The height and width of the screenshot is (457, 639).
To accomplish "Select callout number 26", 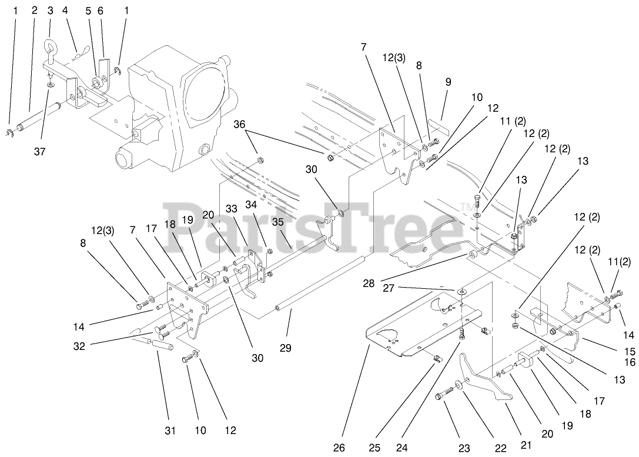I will coord(339,448).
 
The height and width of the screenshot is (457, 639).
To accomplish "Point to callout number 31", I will coord(169,431).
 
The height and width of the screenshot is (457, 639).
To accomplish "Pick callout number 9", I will coord(448,82).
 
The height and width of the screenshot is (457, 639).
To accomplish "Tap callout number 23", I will coord(464,449).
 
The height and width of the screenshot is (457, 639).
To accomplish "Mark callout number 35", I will coord(277,222).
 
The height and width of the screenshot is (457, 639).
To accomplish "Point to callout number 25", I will coord(374,448).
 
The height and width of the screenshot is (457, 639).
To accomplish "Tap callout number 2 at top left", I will coord(34,10).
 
